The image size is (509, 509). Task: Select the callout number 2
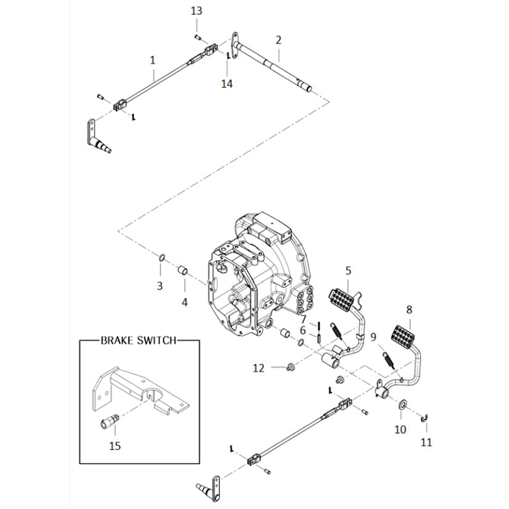click(x=278, y=40)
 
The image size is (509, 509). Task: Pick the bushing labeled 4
click(x=303, y=331)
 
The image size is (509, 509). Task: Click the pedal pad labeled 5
click(x=304, y=318)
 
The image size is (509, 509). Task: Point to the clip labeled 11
click(x=424, y=420)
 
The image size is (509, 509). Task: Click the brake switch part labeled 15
click(x=196, y=10)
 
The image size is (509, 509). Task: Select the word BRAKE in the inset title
click(x=227, y=84)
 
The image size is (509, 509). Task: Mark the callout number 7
click(x=304, y=318)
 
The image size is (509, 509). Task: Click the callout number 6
click(x=303, y=331)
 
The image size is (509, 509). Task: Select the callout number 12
click(x=259, y=368)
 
